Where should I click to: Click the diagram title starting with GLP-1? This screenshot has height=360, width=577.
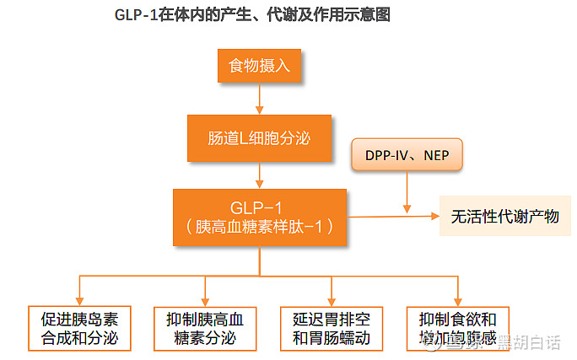[251, 16]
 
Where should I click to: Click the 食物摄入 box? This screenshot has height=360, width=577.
[260, 67]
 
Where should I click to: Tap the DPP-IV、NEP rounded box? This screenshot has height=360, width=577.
[407, 156]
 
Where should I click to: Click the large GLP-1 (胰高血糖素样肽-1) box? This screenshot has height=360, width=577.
[260, 217]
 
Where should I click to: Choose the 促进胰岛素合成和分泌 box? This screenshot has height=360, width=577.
[79, 329]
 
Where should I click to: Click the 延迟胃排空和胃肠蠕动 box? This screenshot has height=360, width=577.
[332, 329]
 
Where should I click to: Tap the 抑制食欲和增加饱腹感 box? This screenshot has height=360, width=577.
[457, 329]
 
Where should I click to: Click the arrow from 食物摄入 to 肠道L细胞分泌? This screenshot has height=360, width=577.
[260, 99]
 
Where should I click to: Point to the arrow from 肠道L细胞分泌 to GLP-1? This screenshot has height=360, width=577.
[260, 175]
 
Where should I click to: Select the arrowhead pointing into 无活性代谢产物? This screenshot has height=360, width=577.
[434, 217]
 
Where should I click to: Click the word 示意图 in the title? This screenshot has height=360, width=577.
[369, 16]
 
